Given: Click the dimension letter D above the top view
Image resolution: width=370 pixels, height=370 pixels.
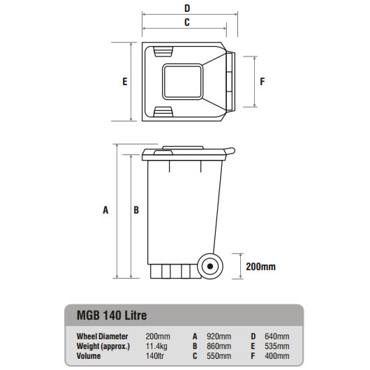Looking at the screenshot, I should click(186, 8).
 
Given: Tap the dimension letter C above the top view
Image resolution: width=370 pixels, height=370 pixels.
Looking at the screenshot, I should click(186, 22).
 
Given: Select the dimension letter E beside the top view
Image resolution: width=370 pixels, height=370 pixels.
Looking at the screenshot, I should click(124, 81).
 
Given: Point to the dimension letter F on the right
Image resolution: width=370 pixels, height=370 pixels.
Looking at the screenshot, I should click(262, 81).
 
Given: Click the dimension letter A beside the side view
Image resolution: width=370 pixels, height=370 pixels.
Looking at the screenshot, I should click(106, 209).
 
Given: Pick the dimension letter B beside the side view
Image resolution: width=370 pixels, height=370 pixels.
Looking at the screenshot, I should click(137, 209).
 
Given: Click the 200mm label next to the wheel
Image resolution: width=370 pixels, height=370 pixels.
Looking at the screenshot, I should click(260, 266).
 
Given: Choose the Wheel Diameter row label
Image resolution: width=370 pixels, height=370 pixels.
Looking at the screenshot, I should click(102, 335).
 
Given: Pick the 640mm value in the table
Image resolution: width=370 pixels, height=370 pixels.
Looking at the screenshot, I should click(277, 335).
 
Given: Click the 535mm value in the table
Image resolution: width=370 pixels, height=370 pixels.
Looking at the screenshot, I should click(277, 345).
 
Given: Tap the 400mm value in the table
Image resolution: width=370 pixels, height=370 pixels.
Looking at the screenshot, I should click(277, 355).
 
